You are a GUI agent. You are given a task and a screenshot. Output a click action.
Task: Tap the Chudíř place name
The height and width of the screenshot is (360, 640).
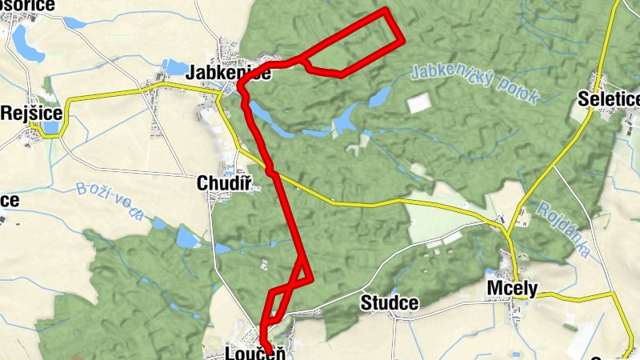pyautogui.click(x=225, y=185)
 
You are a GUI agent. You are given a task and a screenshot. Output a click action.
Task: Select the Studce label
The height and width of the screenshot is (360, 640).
pyautogui.click(x=390, y=303)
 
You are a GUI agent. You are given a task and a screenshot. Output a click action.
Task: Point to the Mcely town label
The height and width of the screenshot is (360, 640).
pyautogui.click(x=512, y=289)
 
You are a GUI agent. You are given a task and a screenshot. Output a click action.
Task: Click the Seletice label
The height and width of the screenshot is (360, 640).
pyautogui.click(x=610, y=99)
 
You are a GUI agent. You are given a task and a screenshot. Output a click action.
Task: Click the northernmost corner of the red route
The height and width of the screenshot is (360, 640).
pyautogui.click(x=386, y=10)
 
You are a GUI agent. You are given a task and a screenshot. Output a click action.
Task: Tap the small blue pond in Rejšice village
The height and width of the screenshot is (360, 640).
pyautogui.click(x=50, y=127)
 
